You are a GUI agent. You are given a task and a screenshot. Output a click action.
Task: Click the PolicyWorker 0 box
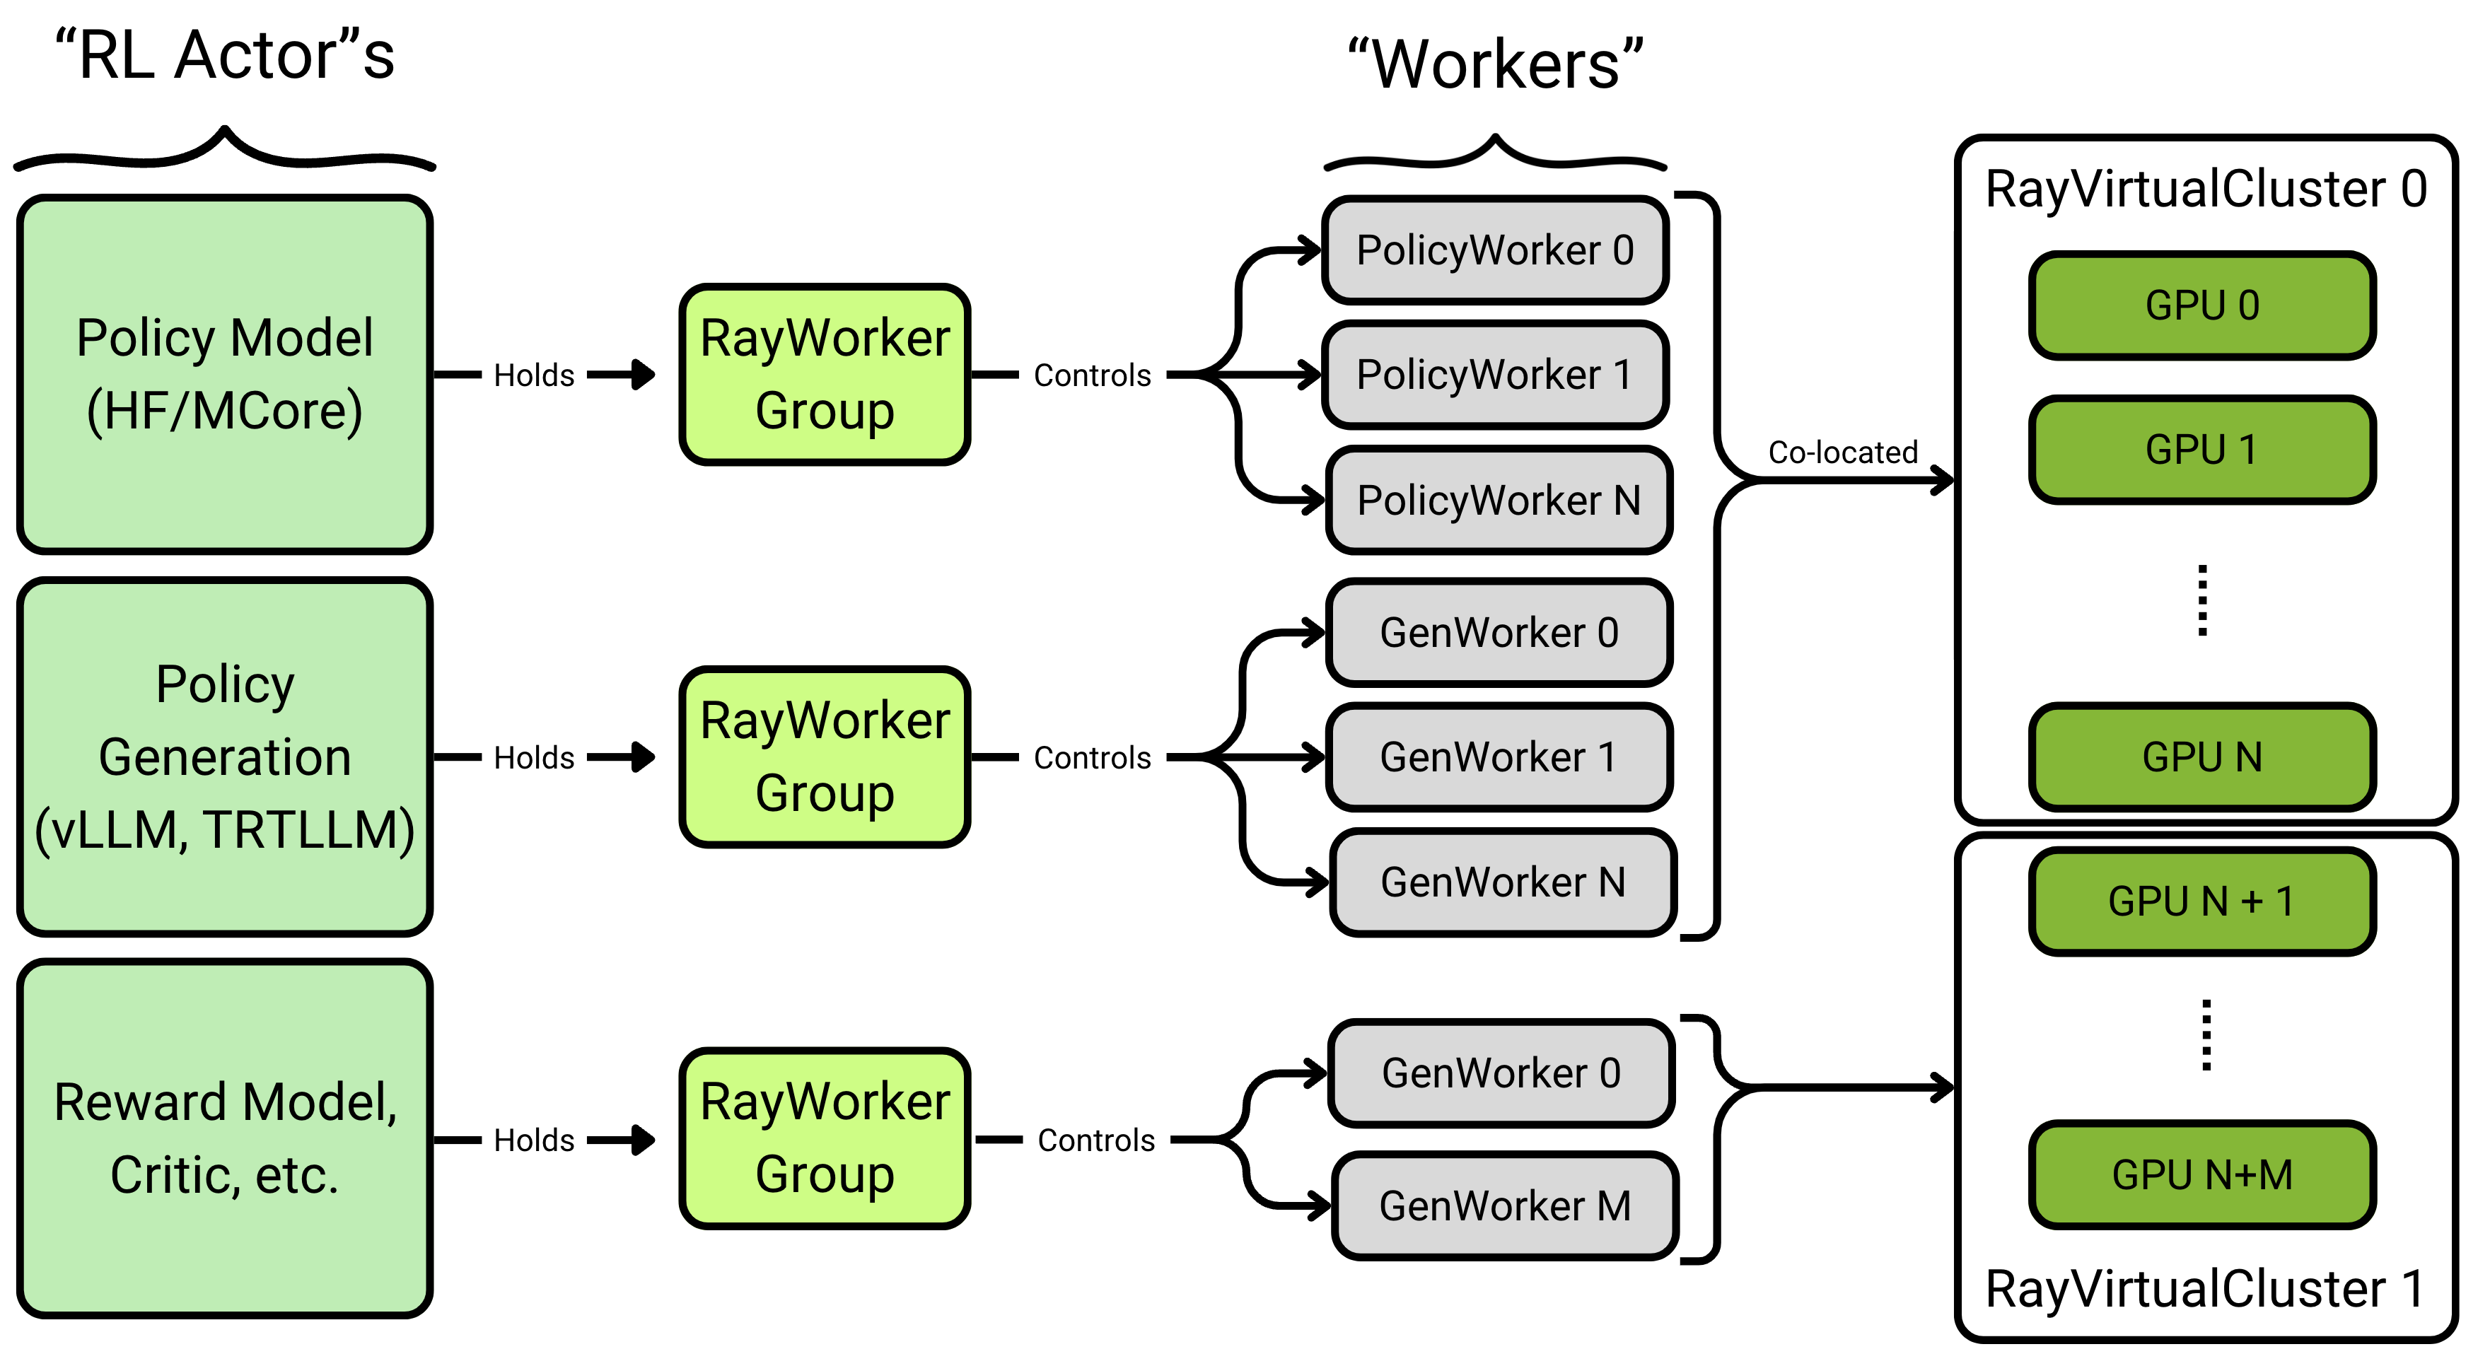pyautogui.click(x=1495, y=250)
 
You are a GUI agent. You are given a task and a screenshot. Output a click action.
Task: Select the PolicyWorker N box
pyautogui.click(x=1499, y=500)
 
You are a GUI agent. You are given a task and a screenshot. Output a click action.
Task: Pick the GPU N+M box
pyautogui.click(x=2202, y=1174)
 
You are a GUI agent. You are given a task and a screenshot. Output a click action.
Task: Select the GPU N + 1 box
pyautogui.click(x=2202, y=902)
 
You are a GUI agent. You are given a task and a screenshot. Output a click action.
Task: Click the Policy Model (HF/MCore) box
pyautogui.click(x=224, y=374)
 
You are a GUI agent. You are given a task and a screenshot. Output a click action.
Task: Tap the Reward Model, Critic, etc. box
pyautogui.click(x=224, y=1138)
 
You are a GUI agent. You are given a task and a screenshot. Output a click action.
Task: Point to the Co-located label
pyautogui.click(x=1842, y=452)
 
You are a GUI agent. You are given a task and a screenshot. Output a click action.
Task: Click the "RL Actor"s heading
pyautogui.click(x=224, y=56)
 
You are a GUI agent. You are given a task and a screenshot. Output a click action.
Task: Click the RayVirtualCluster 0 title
pyautogui.click(x=2205, y=189)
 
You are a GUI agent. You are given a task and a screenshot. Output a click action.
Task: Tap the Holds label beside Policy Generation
pyautogui.click(x=534, y=758)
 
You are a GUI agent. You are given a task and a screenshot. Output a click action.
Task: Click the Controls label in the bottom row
pyautogui.click(x=1095, y=1141)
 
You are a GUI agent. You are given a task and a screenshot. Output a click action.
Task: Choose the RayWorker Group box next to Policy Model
pyautogui.click(x=825, y=374)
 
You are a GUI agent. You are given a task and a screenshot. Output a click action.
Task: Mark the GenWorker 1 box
pyautogui.click(x=1499, y=757)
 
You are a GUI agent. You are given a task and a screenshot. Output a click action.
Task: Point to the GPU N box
pyautogui.click(x=2202, y=757)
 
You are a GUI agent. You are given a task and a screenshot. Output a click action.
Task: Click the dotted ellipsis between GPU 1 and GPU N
pyautogui.click(x=2202, y=601)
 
